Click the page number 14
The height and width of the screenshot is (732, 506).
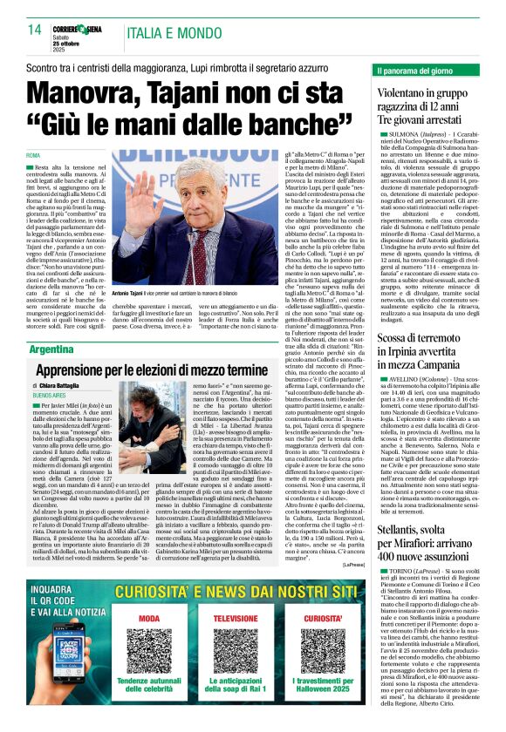[x=35, y=30]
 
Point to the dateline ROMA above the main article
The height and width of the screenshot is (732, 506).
[x=36, y=155]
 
